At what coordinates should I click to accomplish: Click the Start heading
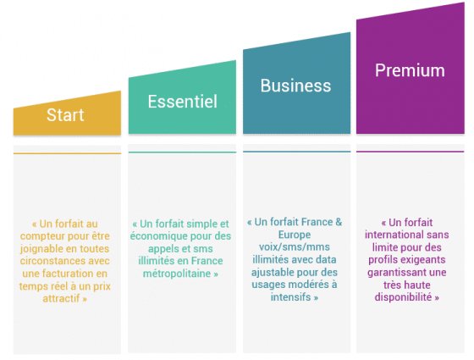tap(65, 115)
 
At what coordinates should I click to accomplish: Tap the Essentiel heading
tap(182, 102)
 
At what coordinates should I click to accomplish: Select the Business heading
tap(295, 86)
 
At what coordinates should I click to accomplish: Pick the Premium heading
tap(410, 70)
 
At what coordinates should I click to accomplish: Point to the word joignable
tap(41, 249)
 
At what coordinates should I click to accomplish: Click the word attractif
tap(61, 298)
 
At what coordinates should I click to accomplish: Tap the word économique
tap(159, 236)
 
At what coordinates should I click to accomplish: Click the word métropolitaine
tap(177, 274)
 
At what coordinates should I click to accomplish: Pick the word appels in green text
tap(163, 249)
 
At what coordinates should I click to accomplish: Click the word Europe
tap(295, 235)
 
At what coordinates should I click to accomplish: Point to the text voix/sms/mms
tap(295, 247)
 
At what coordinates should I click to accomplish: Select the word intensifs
tap(290, 297)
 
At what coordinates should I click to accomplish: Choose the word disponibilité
tap(403, 297)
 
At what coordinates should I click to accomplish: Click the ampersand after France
tap(339, 222)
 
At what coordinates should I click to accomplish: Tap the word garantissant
tap(393, 272)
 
